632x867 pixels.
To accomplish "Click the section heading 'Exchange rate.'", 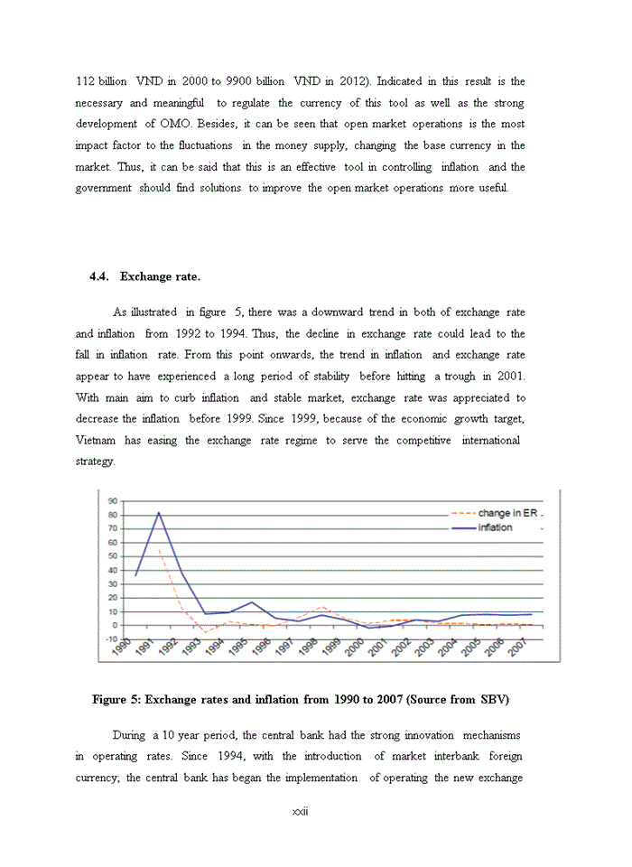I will (x=160, y=276).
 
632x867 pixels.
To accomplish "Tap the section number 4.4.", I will (x=99, y=276).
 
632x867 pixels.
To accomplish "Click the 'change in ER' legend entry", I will (x=507, y=513).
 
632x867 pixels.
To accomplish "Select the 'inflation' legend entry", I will (x=495, y=527).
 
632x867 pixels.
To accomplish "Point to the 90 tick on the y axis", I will (x=114, y=501).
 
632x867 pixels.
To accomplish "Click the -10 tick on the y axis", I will (x=112, y=639).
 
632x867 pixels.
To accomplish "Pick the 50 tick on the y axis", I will (x=114, y=556).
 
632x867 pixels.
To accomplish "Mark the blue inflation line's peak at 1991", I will (x=160, y=512).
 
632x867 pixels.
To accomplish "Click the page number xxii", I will (x=301, y=811).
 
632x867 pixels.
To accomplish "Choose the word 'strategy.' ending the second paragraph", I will (x=95, y=461).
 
